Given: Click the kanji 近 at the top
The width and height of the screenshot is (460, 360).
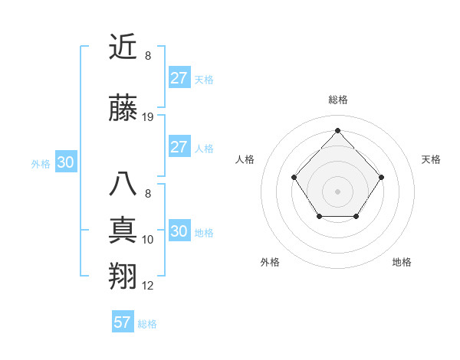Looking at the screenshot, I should pos(123,48).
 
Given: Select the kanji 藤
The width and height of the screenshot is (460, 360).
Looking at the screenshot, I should pos(123,109).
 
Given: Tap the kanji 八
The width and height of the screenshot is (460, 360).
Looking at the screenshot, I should pos(123,185).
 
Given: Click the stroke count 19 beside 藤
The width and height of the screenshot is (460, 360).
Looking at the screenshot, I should pos(148,117).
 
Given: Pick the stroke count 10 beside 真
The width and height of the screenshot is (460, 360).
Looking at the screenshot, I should pos(148,240).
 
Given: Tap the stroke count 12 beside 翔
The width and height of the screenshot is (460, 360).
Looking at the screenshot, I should pos(148,286).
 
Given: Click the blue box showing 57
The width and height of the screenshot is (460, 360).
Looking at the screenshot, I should pos(123,322).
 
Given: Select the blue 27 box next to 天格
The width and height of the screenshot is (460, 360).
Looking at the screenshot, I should pos(179,78).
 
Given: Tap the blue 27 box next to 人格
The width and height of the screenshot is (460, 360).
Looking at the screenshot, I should pos(179,147).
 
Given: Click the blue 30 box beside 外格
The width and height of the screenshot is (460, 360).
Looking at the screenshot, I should pos(65,162).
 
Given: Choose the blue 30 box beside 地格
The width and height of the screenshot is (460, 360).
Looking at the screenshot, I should pos(179,231).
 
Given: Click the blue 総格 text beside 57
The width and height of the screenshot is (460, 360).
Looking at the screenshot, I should pos(147,324).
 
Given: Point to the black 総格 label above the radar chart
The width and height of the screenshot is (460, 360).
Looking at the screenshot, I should pos(337,100).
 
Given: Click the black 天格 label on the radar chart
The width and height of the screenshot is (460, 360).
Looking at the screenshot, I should pos(431,159).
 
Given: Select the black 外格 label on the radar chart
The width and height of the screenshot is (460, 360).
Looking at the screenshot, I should pos(270,262).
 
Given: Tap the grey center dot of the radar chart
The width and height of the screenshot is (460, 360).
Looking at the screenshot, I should pos(337,190).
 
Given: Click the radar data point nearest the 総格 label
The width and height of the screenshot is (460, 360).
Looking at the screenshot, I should pos(337,129).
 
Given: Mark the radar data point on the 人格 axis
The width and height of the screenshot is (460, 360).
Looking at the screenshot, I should pos(294,177).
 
